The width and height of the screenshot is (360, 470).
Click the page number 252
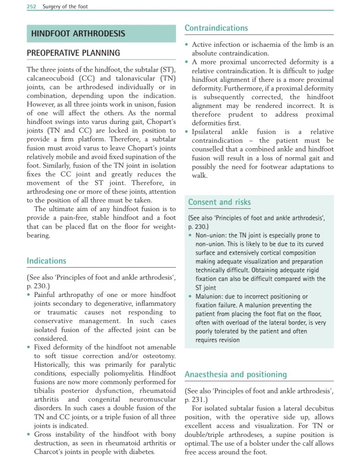[x=31, y=6]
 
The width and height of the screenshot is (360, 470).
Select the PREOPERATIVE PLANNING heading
[x=73, y=53]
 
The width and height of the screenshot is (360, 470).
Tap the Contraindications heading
[x=216, y=28]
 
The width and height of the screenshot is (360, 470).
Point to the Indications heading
[x=46, y=261]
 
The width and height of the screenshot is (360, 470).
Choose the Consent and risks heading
[x=219, y=202]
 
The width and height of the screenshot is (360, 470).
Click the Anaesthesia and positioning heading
[x=236, y=375]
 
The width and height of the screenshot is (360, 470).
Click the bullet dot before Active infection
[x=187, y=45]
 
